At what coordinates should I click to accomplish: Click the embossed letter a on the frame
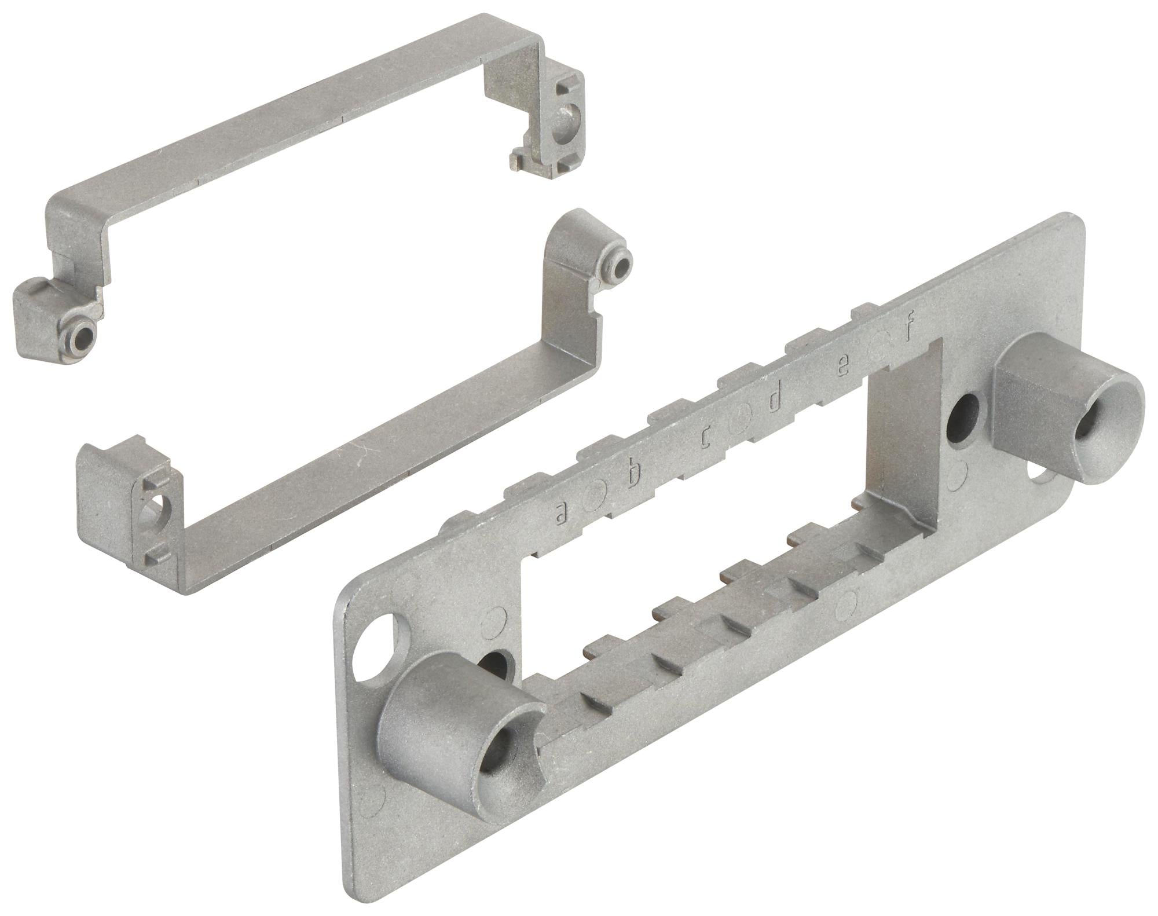pyautogui.click(x=560, y=511)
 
